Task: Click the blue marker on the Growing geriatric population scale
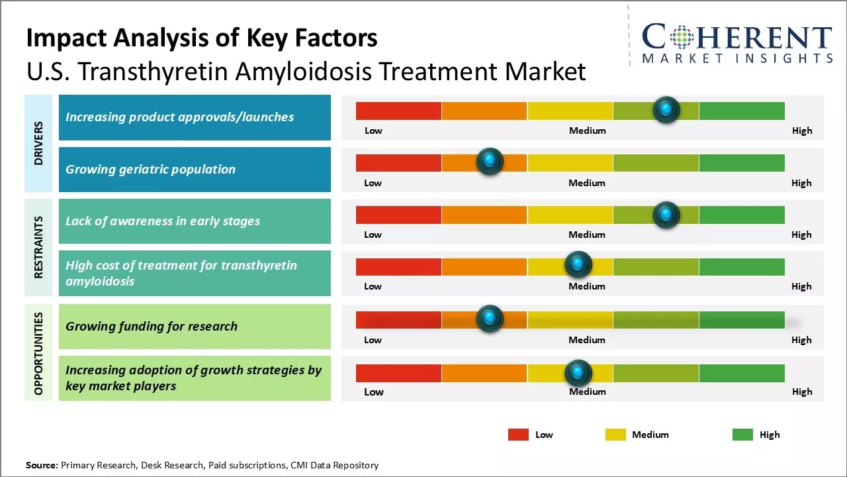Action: pos(490,161)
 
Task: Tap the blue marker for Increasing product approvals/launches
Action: pos(666,109)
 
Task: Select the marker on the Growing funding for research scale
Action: pos(490,319)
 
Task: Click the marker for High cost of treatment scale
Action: pos(578,265)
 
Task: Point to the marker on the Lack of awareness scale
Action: pos(666,214)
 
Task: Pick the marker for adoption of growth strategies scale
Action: pos(578,373)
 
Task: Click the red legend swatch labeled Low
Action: pos(518,435)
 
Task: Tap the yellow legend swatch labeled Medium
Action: pos(615,435)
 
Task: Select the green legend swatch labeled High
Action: pos(742,435)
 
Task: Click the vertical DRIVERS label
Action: pos(39,143)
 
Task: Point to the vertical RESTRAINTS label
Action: pos(39,247)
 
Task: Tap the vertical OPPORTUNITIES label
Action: pos(39,354)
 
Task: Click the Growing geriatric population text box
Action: pos(195,170)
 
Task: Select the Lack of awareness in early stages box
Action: pos(195,221)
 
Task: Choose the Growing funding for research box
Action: pos(195,327)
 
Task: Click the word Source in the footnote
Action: pos(42,465)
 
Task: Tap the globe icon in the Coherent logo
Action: pos(682,37)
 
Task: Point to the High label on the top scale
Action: pos(802,131)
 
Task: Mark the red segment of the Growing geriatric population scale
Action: pos(398,163)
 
